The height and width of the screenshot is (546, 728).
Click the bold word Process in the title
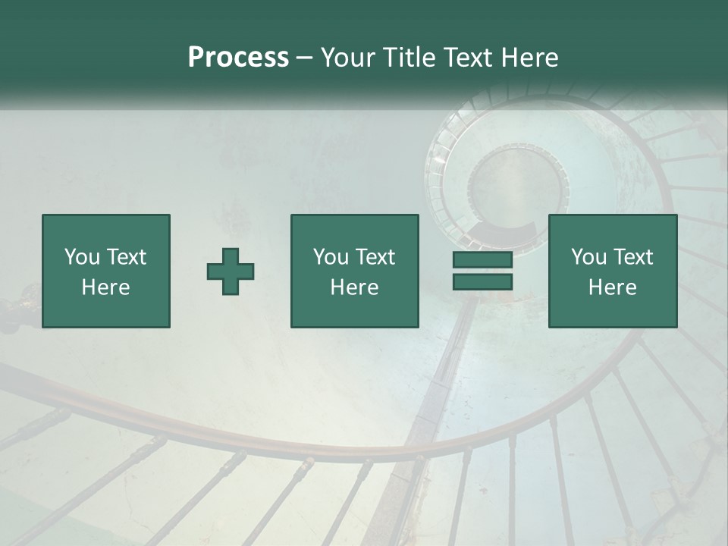tap(238, 57)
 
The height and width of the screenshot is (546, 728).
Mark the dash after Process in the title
tap(305, 58)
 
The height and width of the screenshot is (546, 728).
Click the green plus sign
tap(231, 271)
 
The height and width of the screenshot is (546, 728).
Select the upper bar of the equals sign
tap(482, 260)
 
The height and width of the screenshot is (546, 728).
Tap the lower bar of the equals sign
tap(482, 282)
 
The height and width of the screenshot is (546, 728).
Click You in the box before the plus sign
tap(80, 257)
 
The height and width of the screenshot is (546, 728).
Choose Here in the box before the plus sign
tap(105, 287)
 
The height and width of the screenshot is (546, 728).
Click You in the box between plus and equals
tap(330, 257)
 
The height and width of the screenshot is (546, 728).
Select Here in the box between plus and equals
tap(355, 287)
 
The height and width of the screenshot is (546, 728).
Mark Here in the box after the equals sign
tap(612, 287)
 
